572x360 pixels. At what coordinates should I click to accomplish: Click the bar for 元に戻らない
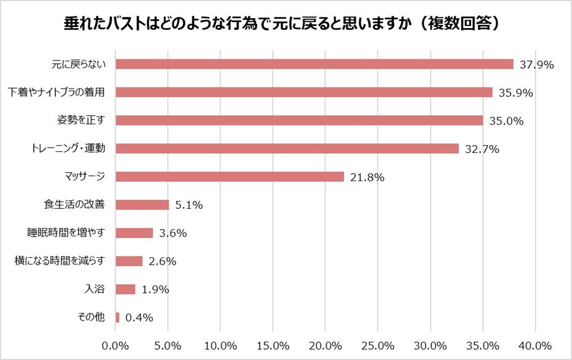[x=314, y=64]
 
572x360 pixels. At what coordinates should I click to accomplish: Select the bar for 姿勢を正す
[x=299, y=120]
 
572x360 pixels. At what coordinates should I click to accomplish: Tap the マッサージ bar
[x=230, y=177]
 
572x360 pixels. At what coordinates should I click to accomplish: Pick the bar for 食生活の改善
[x=142, y=205]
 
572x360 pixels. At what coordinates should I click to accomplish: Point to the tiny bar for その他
[x=117, y=317]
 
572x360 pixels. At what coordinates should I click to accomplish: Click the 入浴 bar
[x=125, y=289]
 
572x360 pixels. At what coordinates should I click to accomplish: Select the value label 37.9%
[x=536, y=64]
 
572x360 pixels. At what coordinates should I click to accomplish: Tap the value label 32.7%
[x=482, y=149]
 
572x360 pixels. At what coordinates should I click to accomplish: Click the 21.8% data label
[x=367, y=177]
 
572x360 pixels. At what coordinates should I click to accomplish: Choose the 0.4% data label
[x=139, y=318]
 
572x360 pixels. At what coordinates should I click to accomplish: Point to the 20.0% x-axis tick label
[x=325, y=345]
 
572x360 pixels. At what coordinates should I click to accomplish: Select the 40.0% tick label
[x=535, y=345]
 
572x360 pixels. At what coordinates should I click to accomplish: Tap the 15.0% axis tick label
[x=273, y=345]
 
